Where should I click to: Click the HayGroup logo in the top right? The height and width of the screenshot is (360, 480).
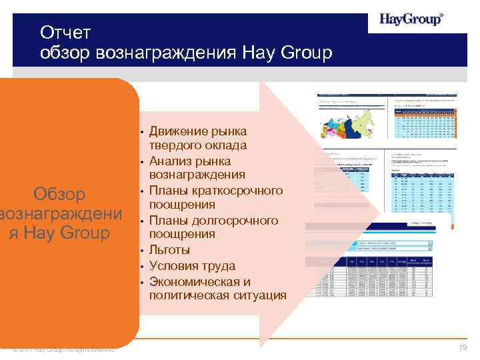click(x=411, y=19)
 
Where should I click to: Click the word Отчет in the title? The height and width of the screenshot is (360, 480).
click(x=65, y=32)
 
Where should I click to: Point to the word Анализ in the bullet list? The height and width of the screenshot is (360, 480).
click(x=170, y=161)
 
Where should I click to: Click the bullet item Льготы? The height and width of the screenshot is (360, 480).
click(x=169, y=250)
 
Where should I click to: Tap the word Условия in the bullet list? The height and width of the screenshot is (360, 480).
click(x=174, y=265)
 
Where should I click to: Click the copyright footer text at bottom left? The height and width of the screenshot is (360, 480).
click(x=63, y=349)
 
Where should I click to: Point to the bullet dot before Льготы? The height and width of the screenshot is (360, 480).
click(x=143, y=251)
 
